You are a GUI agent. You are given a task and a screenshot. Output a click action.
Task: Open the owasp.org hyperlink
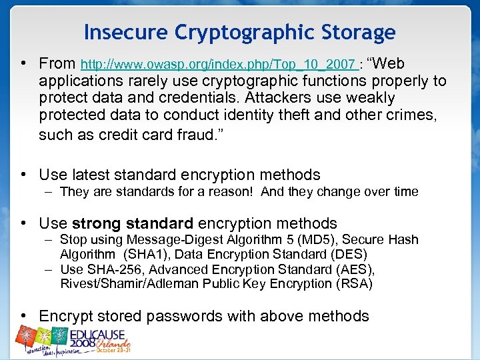[x=217, y=65]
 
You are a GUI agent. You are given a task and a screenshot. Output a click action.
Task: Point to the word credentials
[x=243, y=97]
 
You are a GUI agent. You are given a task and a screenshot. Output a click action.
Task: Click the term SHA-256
[x=109, y=269]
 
